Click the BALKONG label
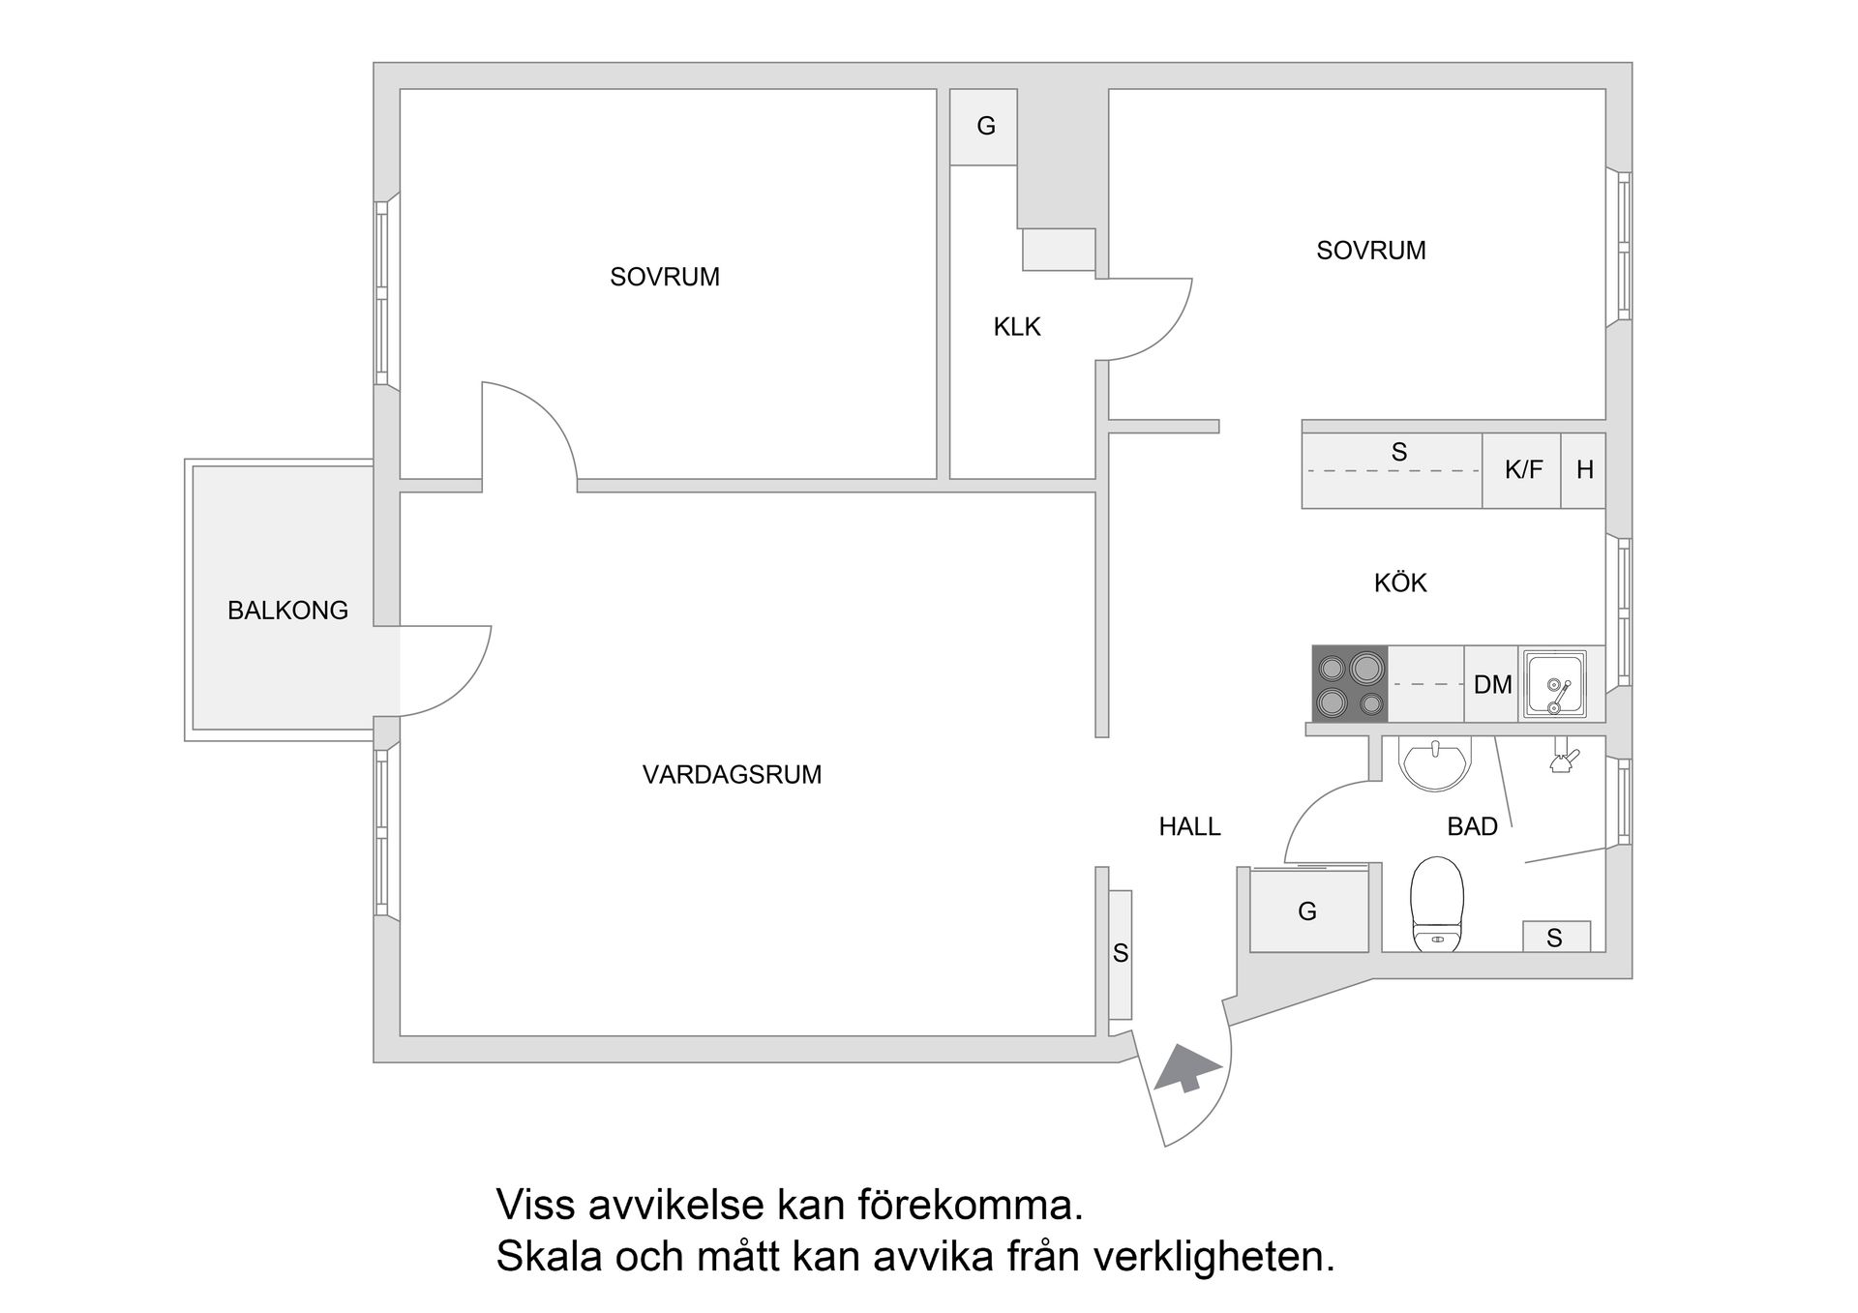pos(287,611)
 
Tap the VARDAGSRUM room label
pos(732,774)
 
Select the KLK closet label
pos(1017,327)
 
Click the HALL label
pos(1189,826)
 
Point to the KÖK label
pos(1400,582)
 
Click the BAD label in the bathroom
pos(1472,826)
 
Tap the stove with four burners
pos(1350,684)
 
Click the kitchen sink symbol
pos(1554,684)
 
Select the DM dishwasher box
pos(1492,685)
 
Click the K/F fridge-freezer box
pos(1522,470)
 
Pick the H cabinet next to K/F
pos(1584,470)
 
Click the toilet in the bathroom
pos(1437,905)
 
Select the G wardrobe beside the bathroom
pos(1308,910)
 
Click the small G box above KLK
pos(985,126)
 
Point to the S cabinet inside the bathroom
pos(1555,937)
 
